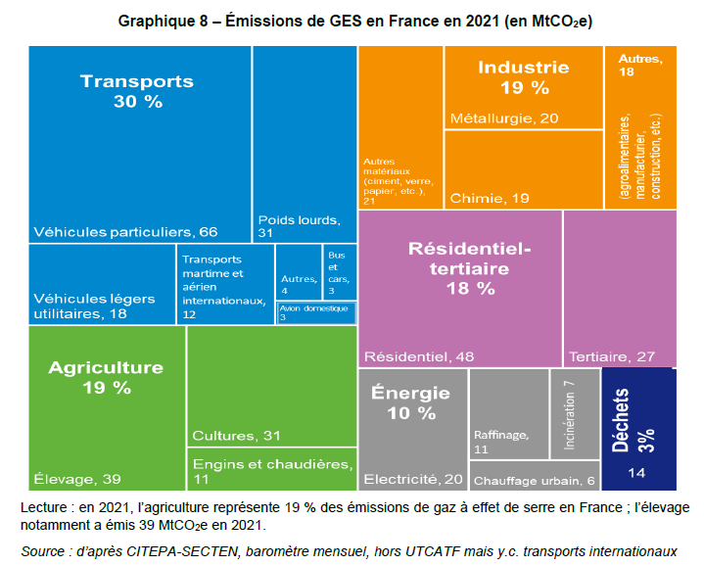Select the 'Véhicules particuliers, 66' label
tap(125, 232)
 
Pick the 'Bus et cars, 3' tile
tap(339, 272)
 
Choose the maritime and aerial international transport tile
tap(224, 284)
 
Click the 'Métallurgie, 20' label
tap(503, 118)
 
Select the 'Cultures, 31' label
tap(237, 435)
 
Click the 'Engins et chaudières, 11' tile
tap(271, 469)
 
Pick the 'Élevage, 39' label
tap(78, 479)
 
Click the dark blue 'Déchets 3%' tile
tap(638, 429)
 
